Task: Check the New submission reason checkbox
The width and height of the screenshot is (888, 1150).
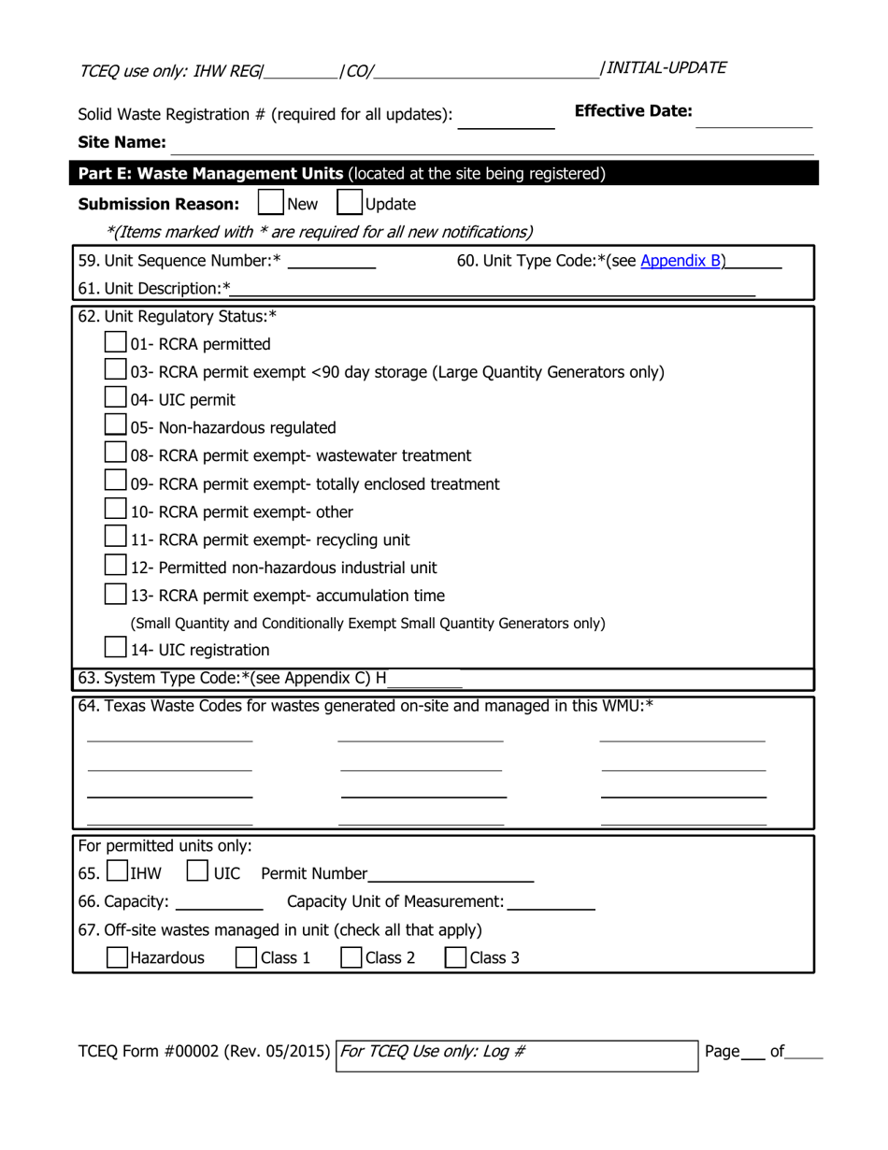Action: point(270,204)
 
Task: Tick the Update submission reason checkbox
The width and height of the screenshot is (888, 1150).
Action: point(349,204)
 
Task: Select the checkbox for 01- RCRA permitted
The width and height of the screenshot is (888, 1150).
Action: point(116,343)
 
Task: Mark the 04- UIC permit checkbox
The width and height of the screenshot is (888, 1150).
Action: point(116,399)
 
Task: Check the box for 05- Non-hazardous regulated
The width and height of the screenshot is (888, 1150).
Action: point(116,427)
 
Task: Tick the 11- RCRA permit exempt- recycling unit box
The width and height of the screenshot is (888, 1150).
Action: point(116,539)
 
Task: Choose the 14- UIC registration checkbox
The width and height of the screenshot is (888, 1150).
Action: point(116,649)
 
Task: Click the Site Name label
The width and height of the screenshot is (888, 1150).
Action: point(122,143)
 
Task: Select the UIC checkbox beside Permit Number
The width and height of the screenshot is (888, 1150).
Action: point(197,872)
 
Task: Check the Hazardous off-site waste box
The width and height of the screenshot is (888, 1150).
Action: point(117,956)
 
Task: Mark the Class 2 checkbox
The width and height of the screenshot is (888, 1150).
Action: point(351,956)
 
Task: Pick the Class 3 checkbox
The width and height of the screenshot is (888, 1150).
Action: point(456,956)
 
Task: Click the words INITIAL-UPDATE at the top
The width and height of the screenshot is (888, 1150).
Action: point(666,67)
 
